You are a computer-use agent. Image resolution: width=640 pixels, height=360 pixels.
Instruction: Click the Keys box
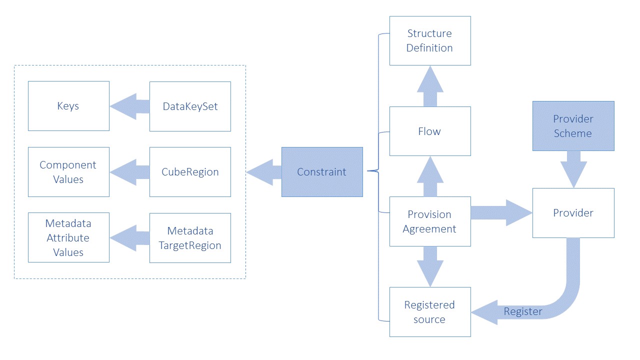point(68,106)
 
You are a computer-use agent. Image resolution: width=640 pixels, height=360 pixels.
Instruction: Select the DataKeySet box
point(190,106)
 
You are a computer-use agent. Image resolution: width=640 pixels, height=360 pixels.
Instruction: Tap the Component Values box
point(68,171)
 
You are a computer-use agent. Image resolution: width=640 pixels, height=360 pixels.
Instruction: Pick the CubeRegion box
point(190,171)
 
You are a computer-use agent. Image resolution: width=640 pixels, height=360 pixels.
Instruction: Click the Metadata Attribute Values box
point(68,237)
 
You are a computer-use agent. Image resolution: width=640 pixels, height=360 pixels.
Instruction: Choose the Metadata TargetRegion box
point(190,238)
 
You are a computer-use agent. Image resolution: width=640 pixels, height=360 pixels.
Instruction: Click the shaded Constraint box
point(322,171)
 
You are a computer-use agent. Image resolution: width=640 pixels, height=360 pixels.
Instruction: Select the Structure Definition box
point(430,40)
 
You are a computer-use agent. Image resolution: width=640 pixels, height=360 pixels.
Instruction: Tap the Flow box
point(430,131)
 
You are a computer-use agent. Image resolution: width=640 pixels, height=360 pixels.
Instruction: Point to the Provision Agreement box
point(430,221)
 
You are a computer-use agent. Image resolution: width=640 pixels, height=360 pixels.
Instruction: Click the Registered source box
point(430,312)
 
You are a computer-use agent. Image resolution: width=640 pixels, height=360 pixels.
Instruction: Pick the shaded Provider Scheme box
point(573,126)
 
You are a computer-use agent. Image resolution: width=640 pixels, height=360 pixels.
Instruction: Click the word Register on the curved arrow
point(523,312)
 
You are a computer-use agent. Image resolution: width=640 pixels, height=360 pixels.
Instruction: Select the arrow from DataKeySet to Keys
point(129,106)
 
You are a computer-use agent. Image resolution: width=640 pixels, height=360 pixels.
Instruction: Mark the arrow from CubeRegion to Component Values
point(129,172)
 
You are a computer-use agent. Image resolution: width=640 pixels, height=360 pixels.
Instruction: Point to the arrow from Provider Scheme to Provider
point(573,169)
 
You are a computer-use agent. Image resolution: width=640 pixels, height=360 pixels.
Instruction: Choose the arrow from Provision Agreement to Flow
point(430,176)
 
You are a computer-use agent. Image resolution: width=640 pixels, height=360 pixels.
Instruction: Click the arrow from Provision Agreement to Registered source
point(430,266)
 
